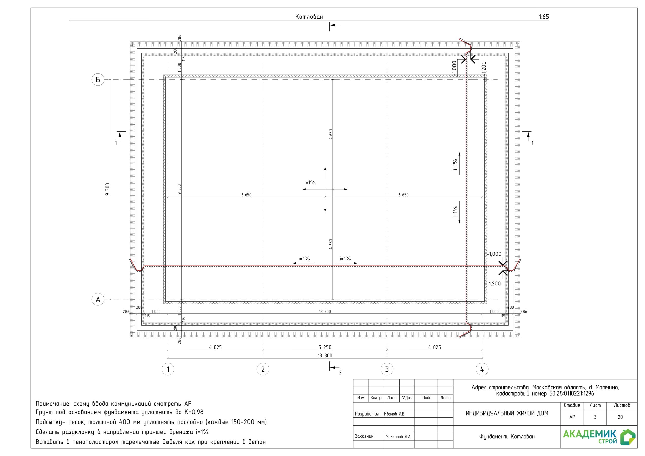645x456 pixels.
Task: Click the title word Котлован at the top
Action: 309,17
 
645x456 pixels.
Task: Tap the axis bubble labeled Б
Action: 98,80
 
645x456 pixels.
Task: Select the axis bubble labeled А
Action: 98,299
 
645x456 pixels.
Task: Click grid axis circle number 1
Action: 168,369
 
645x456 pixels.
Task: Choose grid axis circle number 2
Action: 263,369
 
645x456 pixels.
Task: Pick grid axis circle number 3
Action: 387,369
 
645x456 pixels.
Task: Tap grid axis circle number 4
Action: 482,369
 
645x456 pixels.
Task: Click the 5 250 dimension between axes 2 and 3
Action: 325,347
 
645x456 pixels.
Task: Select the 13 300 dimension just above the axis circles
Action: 325,356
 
